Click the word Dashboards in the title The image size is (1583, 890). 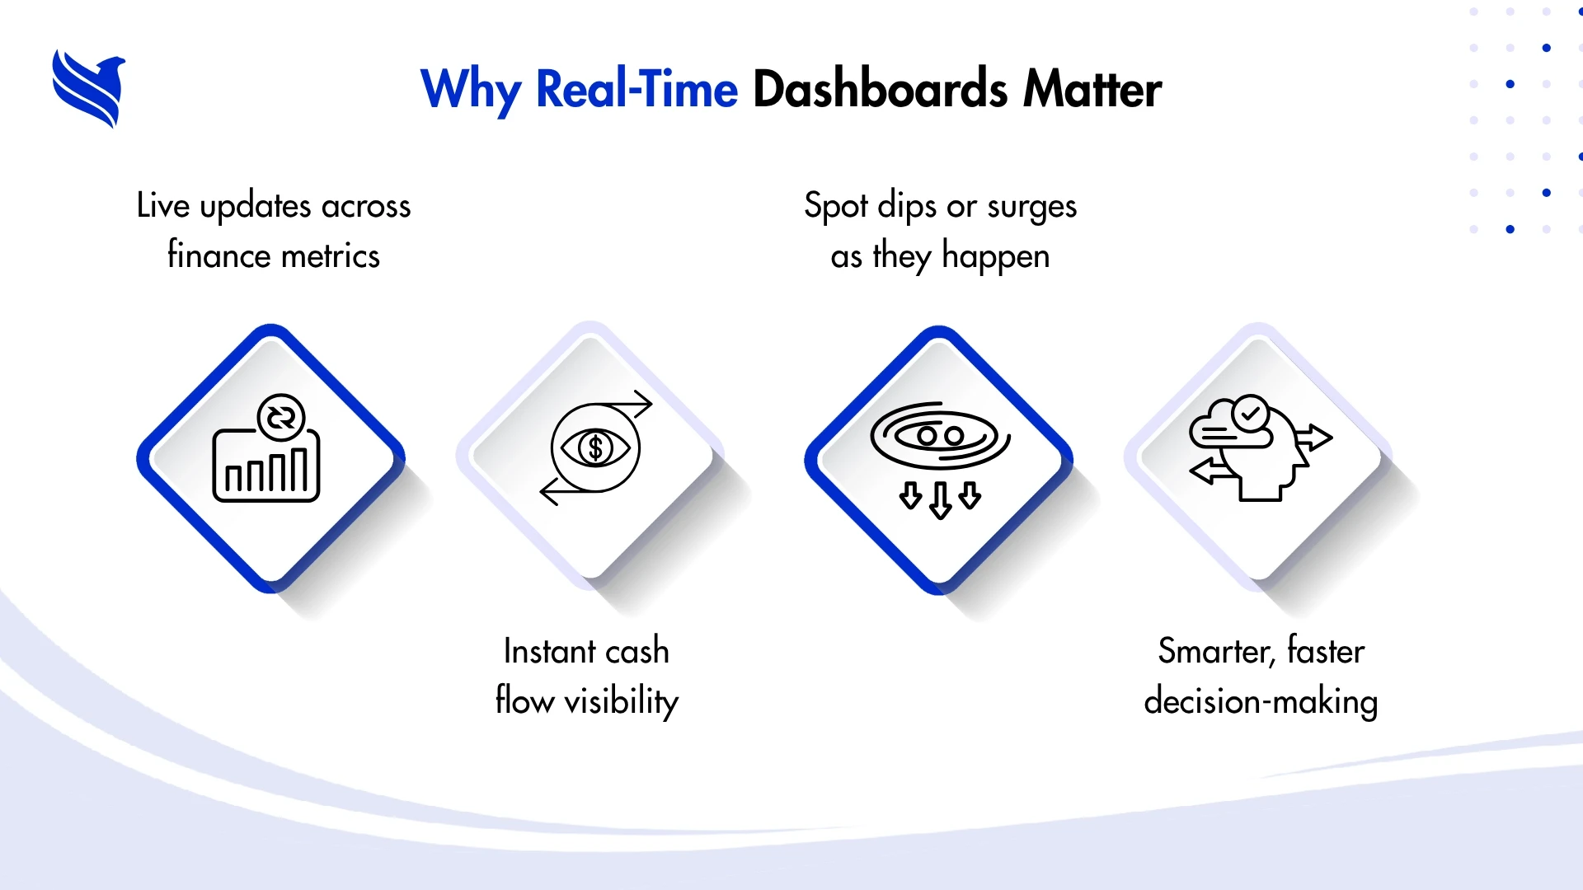(880, 89)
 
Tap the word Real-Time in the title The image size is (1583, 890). (636, 89)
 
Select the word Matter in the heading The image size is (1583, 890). (1092, 89)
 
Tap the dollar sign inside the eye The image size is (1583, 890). (595, 448)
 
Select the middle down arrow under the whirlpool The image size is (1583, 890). (940, 500)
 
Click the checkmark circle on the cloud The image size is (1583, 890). (1251, 413)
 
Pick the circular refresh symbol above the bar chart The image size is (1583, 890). (281, 418)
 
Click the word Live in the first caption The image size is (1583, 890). (163, 205)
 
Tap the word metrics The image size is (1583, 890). (329, 256)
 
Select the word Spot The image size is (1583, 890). (836, 206)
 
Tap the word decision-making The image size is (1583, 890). (1261, 702)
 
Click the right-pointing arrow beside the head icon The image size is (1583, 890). (1313, 437)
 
